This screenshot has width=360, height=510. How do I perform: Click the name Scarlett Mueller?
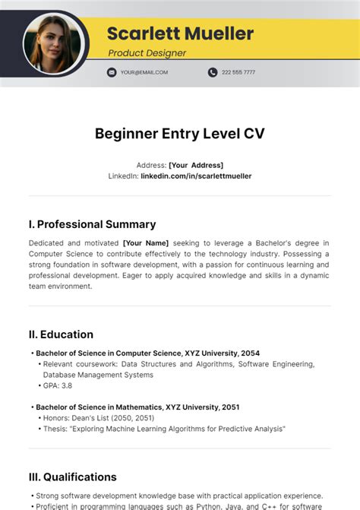click(x=180, y=33)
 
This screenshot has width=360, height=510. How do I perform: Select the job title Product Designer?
click(x=147, y=53)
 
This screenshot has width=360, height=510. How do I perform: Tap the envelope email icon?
click(x=112, y=72)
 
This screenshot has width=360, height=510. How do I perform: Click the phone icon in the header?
click(x=213, y=72)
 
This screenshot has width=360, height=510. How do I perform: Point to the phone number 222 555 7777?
click(x=238, y=72)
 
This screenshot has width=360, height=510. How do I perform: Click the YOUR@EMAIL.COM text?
click(x=144, y=72)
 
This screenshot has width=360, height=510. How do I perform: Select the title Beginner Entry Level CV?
click(x=180, y=134)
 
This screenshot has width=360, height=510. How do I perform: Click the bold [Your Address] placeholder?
click(x=196, y=165)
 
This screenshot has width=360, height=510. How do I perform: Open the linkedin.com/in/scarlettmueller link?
click(x=196, y=176)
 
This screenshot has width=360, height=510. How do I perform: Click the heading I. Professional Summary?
click(x=92, y=224)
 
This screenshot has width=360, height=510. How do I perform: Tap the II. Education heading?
click(x=61, y=334)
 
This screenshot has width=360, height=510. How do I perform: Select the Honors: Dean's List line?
click(x=98, y=418)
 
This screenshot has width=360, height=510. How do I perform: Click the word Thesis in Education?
click(x=55, y=429)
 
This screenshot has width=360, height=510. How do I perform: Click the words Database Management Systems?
click(x=98, y=375)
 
